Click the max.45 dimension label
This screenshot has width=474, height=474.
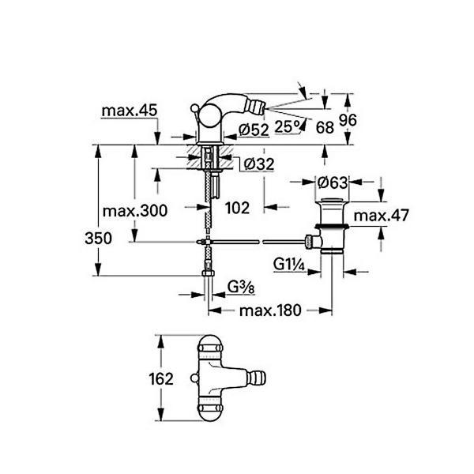128,111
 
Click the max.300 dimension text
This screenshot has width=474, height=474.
136,211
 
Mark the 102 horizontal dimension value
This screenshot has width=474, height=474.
237,208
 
